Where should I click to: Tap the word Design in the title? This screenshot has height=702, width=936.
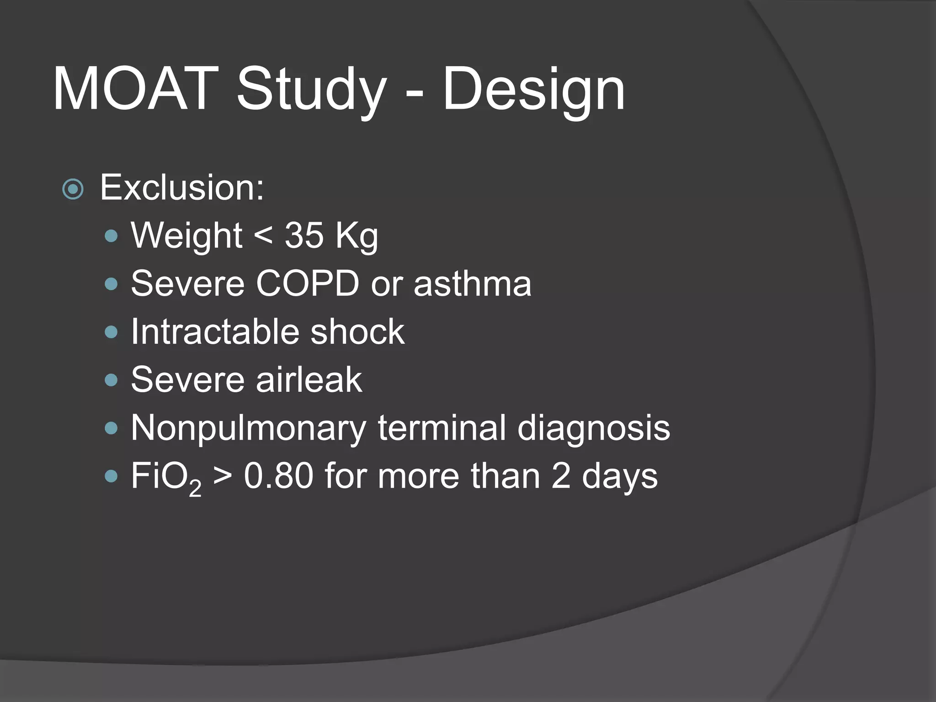coord(533,90)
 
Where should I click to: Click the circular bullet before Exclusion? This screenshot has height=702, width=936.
coord(73,189)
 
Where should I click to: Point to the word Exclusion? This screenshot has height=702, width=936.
coord(182,187)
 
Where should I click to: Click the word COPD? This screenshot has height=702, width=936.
coord(307,283)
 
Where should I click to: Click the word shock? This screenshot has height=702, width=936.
coord(357,331)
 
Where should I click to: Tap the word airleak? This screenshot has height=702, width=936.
coord(309,379)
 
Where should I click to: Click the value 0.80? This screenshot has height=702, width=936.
coord(278,476)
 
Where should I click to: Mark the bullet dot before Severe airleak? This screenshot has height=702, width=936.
coord(111,380)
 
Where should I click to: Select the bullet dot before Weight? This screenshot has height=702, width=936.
coord(111,236)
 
